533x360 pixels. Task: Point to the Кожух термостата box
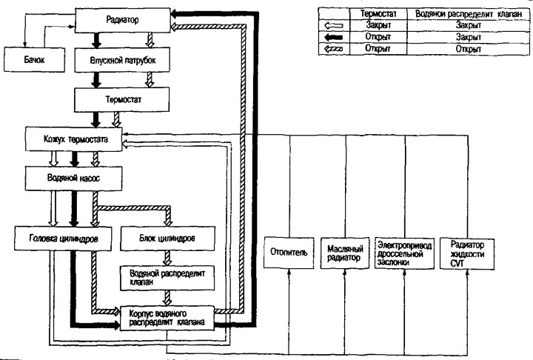pos(71,138)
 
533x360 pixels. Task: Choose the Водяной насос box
pos(71,179)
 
